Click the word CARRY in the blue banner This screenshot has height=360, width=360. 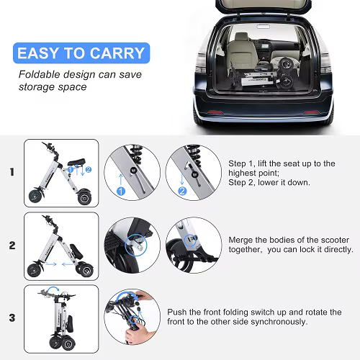coord(117,53)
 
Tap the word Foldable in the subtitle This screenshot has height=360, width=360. coord(39,74)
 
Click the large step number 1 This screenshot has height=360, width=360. coord(12,172)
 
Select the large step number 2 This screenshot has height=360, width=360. coord(12,246)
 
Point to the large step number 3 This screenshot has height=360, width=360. coord(12,318)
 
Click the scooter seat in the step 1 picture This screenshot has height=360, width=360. coord(76,162)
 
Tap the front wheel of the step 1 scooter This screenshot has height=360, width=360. coord(35,196)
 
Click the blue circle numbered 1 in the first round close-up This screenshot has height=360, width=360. coord(121,192)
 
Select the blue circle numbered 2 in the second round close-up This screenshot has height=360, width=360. coord(182,192)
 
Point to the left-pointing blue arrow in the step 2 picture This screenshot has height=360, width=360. coord(67,264)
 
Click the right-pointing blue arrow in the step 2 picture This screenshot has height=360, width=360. coord(51,264)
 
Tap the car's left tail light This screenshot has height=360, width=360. coord(201,63)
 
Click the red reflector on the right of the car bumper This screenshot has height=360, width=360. coord(311,112)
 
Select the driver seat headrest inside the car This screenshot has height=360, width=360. coord(241,37)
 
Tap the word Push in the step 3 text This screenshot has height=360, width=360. coord(177,312)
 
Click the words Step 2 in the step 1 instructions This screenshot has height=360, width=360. coord(242,183)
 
